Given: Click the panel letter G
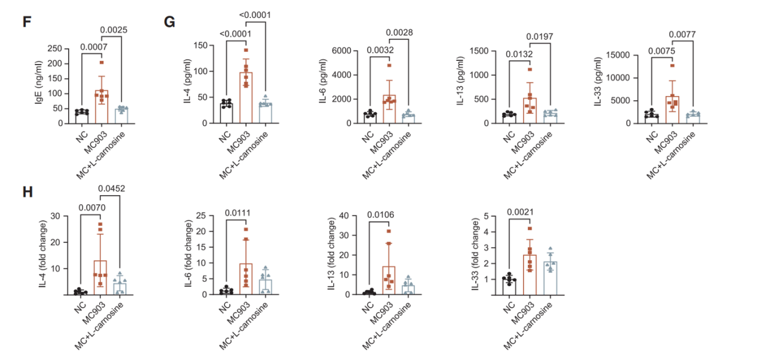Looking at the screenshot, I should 170,21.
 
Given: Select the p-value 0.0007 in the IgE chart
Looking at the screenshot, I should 93,46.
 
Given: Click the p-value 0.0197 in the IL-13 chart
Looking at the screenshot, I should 539,37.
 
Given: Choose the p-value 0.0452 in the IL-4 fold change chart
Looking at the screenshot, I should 111,190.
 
